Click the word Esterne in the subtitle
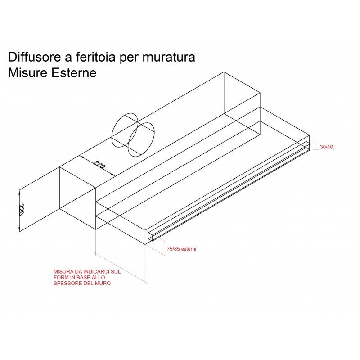(74, 73)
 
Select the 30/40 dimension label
(327, 147)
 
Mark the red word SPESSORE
(67, 283)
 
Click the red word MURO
(102, 283)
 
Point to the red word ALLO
(102, 278)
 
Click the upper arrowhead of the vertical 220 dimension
(19, 192)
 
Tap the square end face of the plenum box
(77, 198)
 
